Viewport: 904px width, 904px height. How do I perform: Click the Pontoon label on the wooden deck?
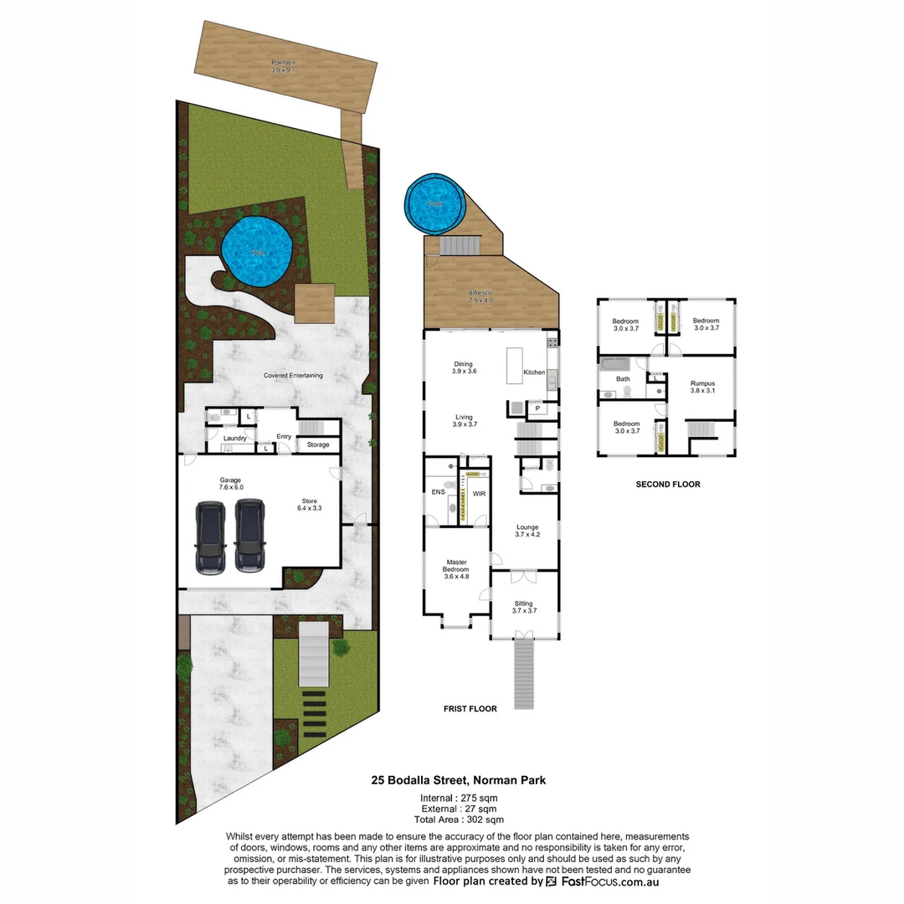[x=283, y=66]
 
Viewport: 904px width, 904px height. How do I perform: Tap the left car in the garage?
[x=210, y=537]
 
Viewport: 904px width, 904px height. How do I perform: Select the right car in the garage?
[x=249, y=537]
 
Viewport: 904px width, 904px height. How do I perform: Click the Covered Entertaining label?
[x=293, y=376]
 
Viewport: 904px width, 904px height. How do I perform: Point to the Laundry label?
[x=234, y=438]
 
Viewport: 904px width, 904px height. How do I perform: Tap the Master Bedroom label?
[x=456, y=566]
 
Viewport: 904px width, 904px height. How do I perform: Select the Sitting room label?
[x=524, y=607]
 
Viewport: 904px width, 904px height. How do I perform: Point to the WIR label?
[x=479, y=494]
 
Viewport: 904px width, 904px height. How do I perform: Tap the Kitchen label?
[x=534, y=372]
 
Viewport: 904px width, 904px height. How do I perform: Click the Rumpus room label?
[x=702, y=388]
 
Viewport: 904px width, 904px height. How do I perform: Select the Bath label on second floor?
[x=623, y=379]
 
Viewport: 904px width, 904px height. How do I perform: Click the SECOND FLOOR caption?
[x=668, y=484]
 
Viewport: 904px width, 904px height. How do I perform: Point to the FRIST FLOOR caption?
[x=470, y=709]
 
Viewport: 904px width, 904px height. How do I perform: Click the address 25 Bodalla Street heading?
[x=459, y=780]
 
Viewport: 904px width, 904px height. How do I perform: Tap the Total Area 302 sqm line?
[x=462, y=820]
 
